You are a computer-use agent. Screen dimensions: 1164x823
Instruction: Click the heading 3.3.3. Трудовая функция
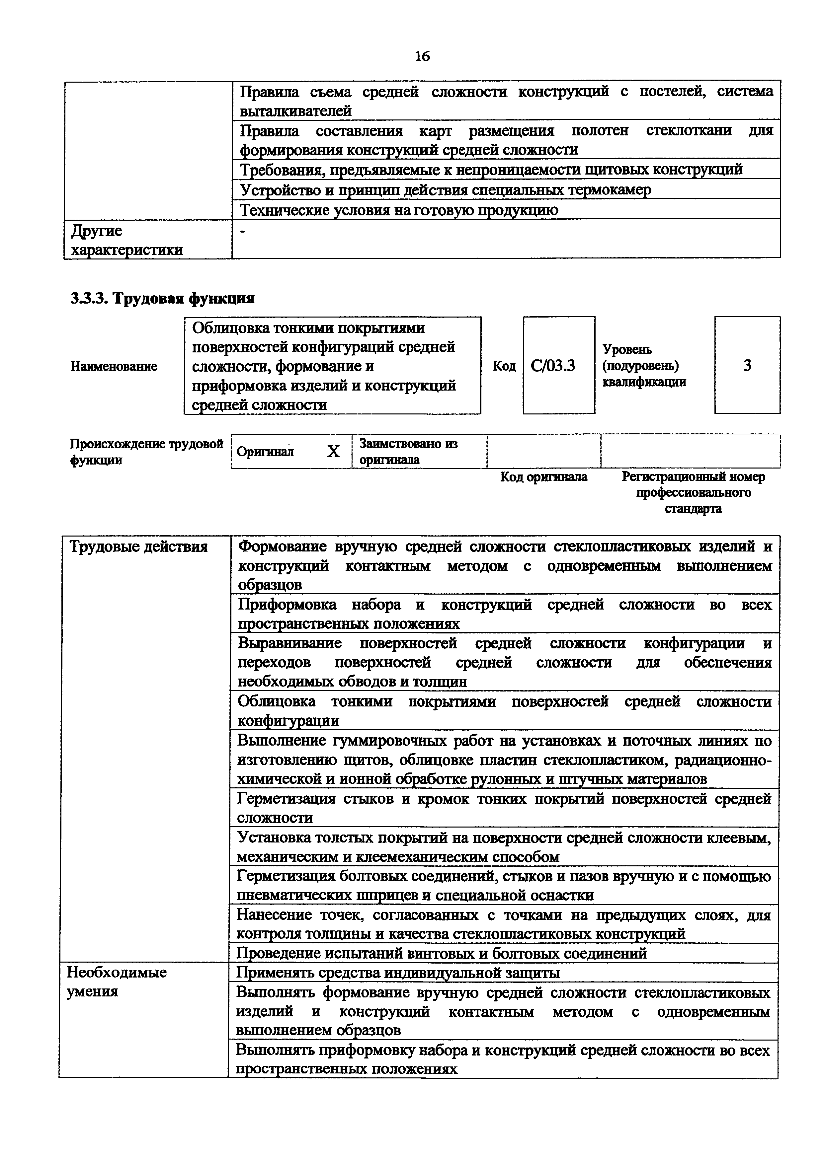[x=162, y=299]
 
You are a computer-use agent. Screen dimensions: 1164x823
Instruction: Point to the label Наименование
[x=114, y=366]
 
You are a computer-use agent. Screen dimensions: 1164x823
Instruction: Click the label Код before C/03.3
[x=504, y=366]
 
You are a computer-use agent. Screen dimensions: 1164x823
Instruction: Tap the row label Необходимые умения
[x=117, y=982]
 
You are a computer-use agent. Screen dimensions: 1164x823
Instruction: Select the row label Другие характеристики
[x=127, y=240]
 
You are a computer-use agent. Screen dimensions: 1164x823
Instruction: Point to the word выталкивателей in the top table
[x=295, y=110]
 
